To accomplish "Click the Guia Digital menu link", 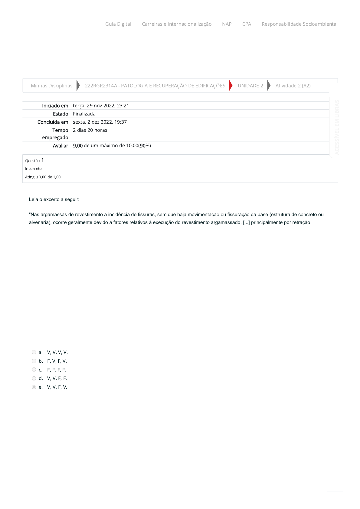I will click(118, 24).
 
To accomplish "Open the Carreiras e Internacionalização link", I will click(177, 24).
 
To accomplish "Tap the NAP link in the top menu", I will click(227, 24).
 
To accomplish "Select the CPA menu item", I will click(247, 24).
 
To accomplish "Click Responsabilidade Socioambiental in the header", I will click(299, 24).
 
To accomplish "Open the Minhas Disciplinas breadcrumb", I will click(52, 86).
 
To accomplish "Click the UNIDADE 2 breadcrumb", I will click(250, 86).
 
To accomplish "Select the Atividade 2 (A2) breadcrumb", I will click(293, 86).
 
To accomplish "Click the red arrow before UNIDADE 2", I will click(231, 86).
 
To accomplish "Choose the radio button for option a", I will click(34, 352).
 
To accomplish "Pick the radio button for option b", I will click(34, 361).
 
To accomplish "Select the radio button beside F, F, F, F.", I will click(34, 370).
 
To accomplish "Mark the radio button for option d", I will click(34, 378).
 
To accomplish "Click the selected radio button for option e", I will click(34, 387).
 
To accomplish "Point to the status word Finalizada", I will click(84, 114).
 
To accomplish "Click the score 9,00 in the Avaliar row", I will click(78, 146).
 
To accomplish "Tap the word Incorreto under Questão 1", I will click(33, 169).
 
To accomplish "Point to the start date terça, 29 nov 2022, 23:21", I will click(101, 106).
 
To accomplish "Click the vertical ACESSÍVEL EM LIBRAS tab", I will click(337, 127).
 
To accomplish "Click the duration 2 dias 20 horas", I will click(90, 130).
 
